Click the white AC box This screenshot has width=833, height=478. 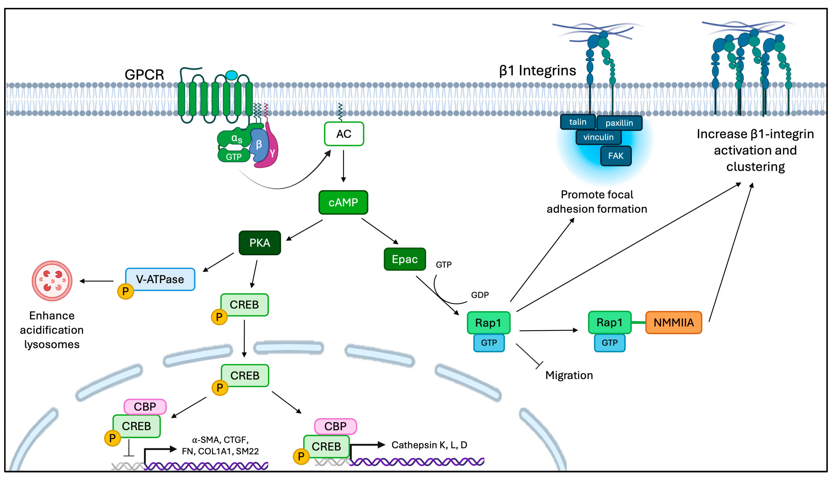[344, 134]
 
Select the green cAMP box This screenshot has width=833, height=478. [343, 202]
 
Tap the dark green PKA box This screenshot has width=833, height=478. [260, 243]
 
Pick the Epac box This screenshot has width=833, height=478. [405, 259]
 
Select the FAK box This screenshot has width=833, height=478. [616, 156]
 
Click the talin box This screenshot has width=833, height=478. [577, 122]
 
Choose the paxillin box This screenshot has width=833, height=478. [619, 123]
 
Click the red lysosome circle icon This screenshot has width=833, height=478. [52, 281]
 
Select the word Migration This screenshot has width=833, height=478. [569, 375]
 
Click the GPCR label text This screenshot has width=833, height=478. [144, 75]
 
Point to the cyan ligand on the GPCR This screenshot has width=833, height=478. [231, 75]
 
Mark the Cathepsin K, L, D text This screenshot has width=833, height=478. [429, 445]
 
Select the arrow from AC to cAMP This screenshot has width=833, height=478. [343, 166]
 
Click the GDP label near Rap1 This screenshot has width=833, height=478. [480, 295]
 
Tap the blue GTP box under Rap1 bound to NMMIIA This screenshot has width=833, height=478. [610, 343]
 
